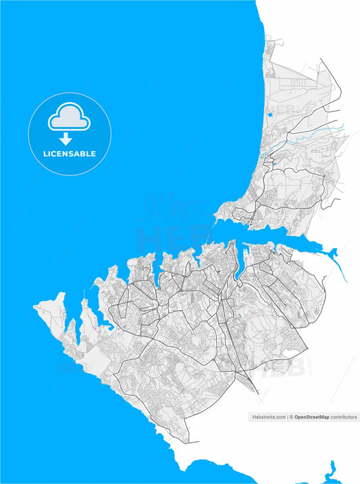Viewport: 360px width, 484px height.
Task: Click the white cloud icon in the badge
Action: click(69, 118)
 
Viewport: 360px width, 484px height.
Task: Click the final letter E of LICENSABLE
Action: click(93, 153)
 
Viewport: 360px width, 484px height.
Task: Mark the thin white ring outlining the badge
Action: click(28, 135)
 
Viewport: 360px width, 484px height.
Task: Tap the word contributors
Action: click(344, 418)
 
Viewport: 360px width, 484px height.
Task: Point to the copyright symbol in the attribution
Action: click(292, 418)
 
